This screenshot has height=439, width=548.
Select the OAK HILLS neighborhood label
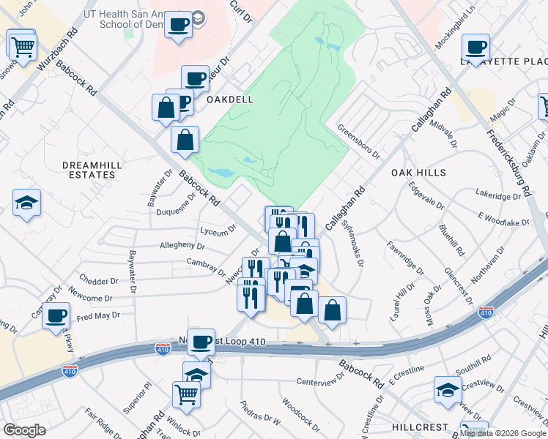click(x=418, y=172)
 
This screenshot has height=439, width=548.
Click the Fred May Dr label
click(x=97, y=316)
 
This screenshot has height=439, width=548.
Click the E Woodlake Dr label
click(x=503, y=218)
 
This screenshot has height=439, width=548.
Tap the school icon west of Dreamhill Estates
click(x=27, y=203)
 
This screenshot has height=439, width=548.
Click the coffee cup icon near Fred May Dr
click(x=56, y=316)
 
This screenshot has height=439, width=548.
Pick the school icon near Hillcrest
click(x=447, y=390)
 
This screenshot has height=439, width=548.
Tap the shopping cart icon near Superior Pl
click(x=186, y=394)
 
